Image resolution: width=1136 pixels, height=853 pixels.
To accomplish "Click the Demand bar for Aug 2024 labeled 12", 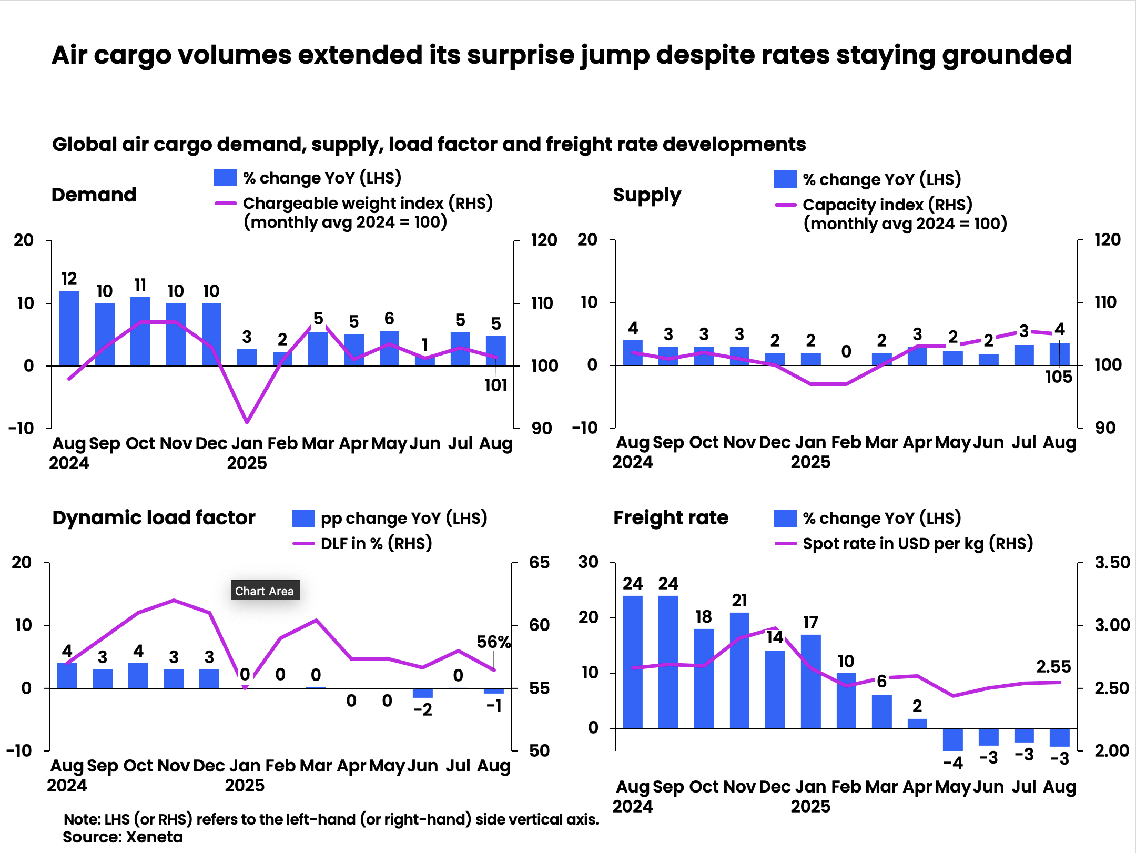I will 69,328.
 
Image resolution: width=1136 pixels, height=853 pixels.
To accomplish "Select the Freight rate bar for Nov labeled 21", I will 739,670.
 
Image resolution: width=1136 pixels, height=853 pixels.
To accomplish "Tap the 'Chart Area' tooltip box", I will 265,591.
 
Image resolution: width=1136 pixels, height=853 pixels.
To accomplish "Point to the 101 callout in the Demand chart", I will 495,385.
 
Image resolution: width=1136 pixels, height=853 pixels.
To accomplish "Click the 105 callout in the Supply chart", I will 1058,377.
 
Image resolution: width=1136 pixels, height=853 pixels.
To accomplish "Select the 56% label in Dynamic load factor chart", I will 493,642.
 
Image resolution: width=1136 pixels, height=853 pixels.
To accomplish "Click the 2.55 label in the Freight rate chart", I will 1053,667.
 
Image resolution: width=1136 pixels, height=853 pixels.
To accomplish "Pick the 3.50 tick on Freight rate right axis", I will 1112,563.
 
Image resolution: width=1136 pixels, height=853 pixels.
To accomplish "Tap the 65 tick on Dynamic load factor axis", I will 539,563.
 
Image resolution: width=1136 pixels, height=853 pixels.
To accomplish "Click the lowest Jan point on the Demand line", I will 247,422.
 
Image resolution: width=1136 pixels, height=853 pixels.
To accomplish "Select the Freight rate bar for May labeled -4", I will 952,739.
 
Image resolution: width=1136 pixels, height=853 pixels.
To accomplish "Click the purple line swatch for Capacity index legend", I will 785,205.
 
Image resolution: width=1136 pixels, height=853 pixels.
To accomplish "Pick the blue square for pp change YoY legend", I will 303,519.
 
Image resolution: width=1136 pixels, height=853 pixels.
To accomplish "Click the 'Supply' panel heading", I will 646,195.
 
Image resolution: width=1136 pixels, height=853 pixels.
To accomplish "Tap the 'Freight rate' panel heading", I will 671,518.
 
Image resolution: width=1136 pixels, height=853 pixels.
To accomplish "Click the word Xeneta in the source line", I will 155,837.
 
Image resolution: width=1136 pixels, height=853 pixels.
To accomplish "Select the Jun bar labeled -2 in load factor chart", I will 423,693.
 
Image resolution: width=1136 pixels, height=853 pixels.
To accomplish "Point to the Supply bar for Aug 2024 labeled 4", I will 633,353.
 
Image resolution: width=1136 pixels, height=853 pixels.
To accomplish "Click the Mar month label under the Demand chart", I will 318,443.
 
